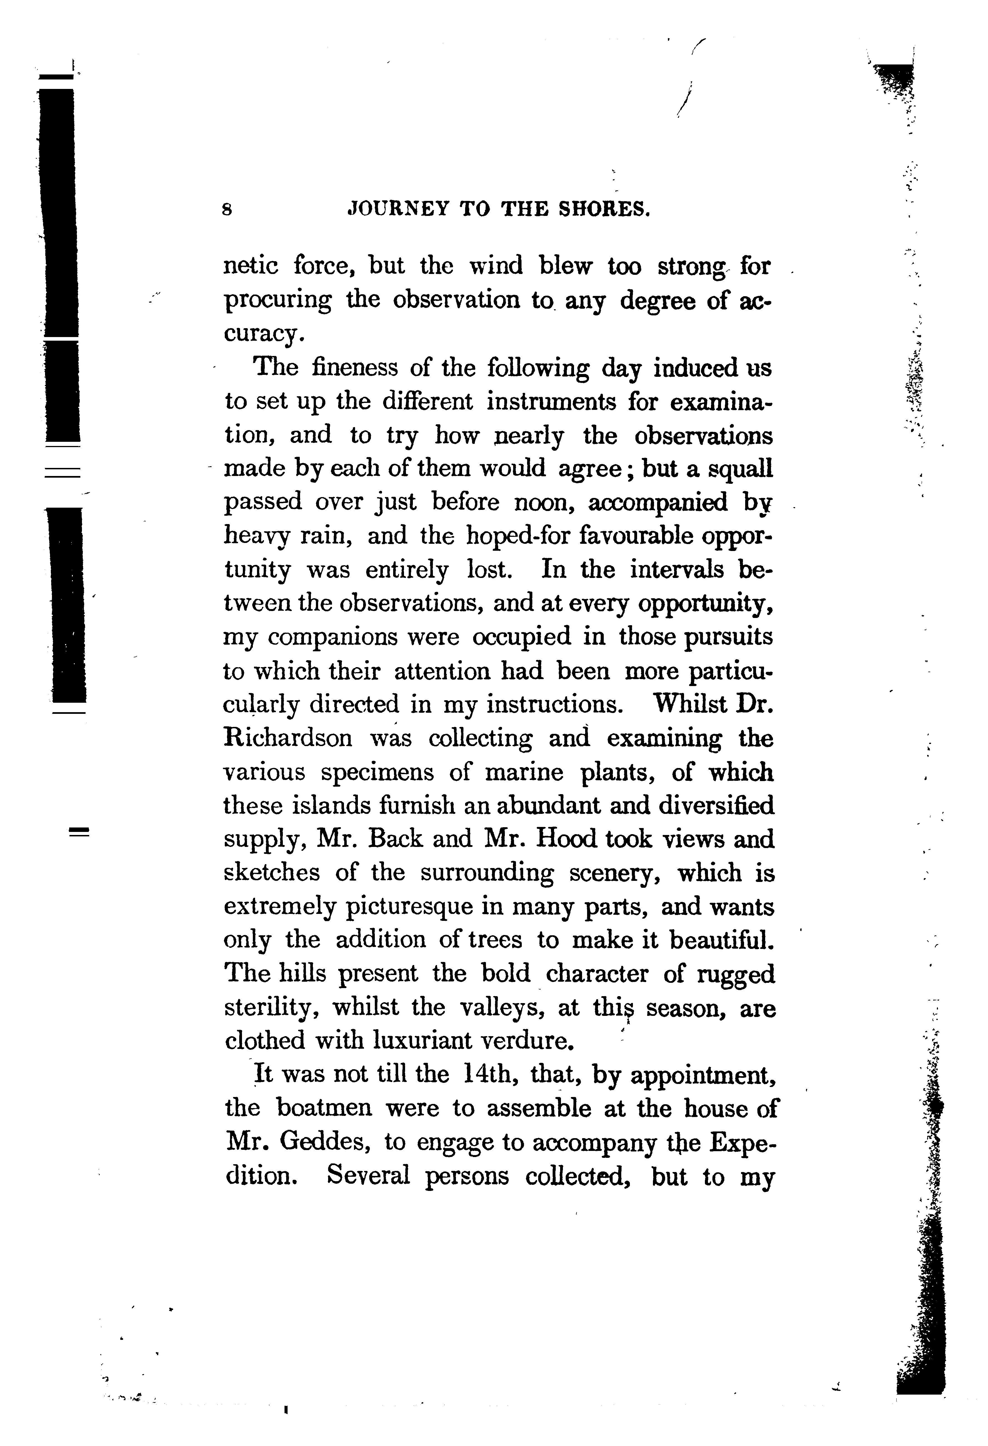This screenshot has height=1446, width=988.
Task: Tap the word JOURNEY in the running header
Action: [398, 209]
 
